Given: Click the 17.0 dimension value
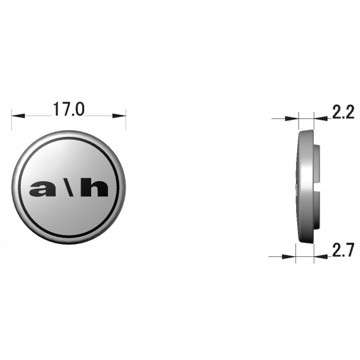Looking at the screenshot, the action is (x=69, y=109).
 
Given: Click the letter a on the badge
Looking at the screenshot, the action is (x=43, y=189).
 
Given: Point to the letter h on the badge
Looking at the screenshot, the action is (x=94, y=188).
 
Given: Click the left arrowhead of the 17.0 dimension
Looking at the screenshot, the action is (x=18, y=115).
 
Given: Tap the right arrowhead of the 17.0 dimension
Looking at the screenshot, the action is (x=119, y=115).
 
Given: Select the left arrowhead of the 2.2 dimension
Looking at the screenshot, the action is (x=291, y=118).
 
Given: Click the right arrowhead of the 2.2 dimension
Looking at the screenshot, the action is (x=321, y=118).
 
